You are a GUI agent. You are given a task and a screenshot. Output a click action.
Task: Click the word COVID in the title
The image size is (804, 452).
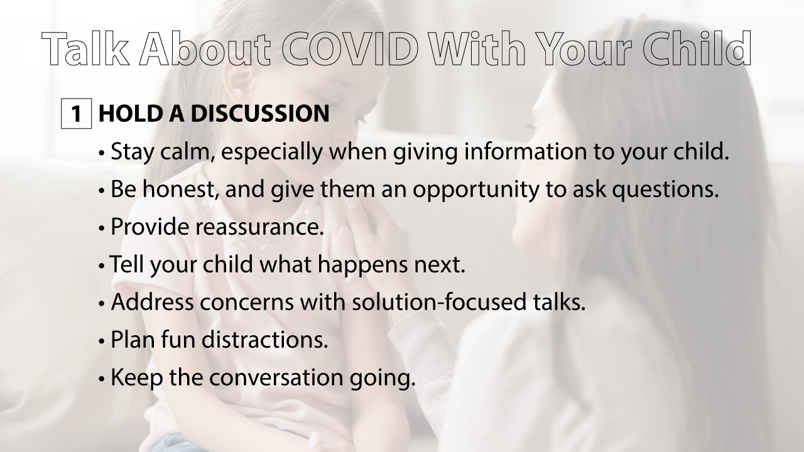350,50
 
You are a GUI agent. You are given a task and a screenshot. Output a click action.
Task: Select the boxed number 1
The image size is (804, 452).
77,114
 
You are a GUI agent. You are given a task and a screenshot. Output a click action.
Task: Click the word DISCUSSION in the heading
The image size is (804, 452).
259,114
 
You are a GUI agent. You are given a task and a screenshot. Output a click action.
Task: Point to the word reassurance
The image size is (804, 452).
259,227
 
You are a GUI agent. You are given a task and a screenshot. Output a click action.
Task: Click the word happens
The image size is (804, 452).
362,265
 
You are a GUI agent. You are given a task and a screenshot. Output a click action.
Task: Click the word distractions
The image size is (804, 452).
264,340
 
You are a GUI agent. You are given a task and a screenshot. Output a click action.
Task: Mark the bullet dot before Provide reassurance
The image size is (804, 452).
102,228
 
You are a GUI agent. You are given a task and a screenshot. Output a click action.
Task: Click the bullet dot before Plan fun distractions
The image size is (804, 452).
102,341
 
